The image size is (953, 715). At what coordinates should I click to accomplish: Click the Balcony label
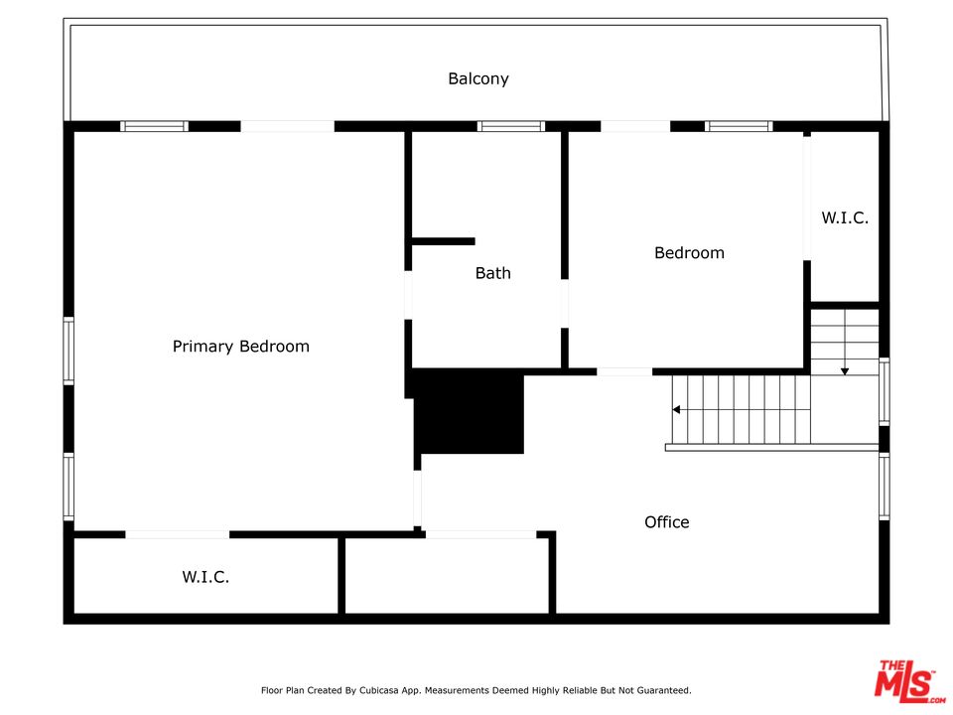(477, 79)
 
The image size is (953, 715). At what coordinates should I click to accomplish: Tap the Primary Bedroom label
(240, 347)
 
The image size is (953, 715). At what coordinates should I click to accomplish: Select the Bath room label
(493, 273)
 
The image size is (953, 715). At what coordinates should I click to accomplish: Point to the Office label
(667, 522)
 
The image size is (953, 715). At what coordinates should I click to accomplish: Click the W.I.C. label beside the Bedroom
(845, 217)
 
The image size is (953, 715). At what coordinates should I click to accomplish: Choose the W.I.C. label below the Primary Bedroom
(205, 577)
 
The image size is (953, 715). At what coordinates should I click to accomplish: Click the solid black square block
(469, 412)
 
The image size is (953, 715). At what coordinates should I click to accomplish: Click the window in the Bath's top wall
(510, 126)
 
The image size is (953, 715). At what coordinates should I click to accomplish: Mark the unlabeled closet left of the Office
(448, 576)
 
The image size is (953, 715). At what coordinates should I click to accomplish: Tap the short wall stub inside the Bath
(443, 241)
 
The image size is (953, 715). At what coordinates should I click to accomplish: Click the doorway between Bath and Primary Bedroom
(408, 295)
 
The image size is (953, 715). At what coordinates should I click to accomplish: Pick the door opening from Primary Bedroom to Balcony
(288, 126)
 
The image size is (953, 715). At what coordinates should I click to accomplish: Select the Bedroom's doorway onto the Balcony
(635, 126)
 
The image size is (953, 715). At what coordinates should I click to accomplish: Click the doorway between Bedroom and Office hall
(624, 371)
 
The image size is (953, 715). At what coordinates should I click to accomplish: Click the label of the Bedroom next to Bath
(689, 253)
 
